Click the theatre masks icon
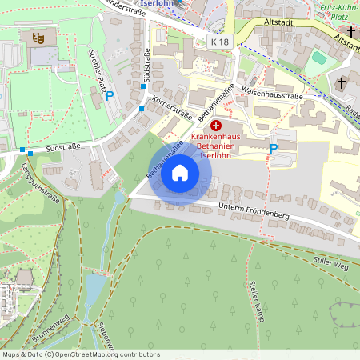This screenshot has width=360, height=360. click(37, 38)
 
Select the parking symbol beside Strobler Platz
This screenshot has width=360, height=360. click(110, 95)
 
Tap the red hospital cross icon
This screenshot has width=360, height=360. click(216, 126)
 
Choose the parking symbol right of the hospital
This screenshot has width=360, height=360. click(273, 148)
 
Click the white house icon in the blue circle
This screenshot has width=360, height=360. click(180, 172)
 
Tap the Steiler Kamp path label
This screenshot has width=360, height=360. click(257, 297)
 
